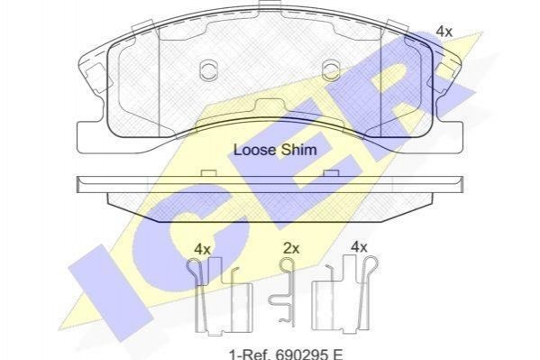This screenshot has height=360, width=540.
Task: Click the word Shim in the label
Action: tap(299, 150)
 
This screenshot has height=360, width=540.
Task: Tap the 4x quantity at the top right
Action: tap(444, 32)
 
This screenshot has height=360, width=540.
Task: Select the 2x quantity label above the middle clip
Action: tap(291, 248)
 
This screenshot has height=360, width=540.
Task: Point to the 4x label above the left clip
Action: tap(202, 249)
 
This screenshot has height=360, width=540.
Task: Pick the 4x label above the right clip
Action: tap(359, 247)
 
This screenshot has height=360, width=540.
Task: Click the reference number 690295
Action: tap(296, 355)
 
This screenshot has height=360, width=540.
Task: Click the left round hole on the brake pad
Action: tap(208, 70)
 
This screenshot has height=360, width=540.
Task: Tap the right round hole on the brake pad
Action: tap(331, 70)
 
